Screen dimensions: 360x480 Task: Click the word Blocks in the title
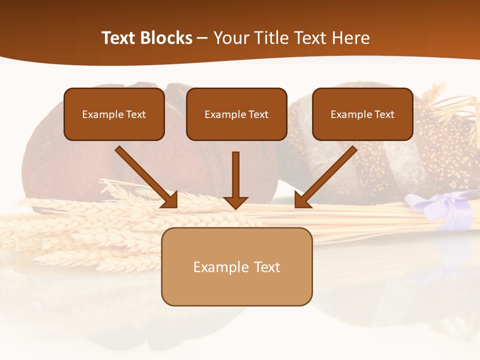[167, 38]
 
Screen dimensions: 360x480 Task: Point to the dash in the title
[202, 38]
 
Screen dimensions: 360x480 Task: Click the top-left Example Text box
[114, 114]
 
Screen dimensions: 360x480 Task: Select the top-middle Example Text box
[236, 114]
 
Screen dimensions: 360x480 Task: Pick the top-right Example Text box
[362, 114]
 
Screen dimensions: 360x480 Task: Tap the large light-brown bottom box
[236, 266]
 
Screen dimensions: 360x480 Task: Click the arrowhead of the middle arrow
[235, 202]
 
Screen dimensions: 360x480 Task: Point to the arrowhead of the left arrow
[170, 200]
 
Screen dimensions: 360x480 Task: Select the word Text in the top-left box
[136, 114]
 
